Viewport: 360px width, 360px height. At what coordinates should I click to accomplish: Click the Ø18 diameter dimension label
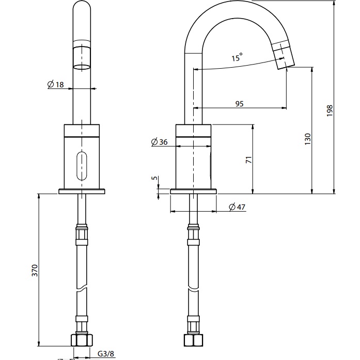[x=56, y=84]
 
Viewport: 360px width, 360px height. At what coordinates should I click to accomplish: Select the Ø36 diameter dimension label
[x=160, y=142]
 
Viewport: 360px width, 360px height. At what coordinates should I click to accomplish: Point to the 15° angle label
[x=237, y=58]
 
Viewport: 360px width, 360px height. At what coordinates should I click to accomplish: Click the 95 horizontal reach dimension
[x=239, y=104]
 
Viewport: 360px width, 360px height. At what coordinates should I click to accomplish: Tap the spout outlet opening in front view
[x=82, y=67]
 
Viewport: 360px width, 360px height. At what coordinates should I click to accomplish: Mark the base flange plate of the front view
[x=82, y=191]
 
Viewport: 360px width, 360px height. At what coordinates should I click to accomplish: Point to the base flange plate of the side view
[x=193, y=191]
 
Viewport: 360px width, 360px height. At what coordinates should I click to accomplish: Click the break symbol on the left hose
[x=82, y=291]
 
